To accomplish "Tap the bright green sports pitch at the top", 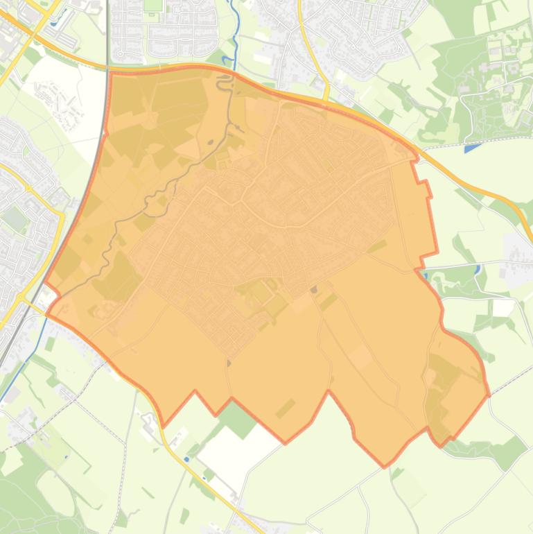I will coord(152,6).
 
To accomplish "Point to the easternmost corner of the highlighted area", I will coord(489,395).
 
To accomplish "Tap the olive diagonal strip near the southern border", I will coord(285,408).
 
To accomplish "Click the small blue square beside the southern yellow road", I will coord(186,458).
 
